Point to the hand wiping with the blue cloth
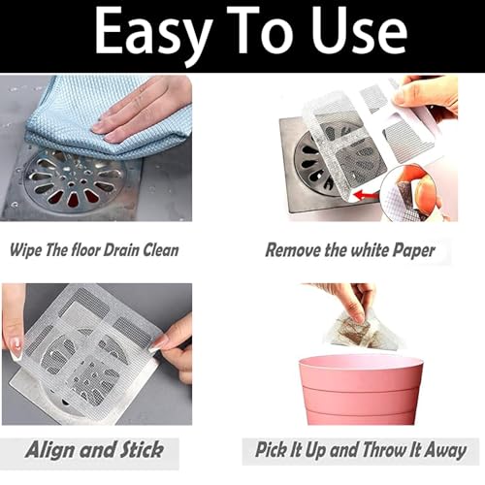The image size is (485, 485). pyautogui.click(x=145, y=107)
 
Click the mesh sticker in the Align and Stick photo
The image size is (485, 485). pyautogui.click(x=87, y=344)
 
